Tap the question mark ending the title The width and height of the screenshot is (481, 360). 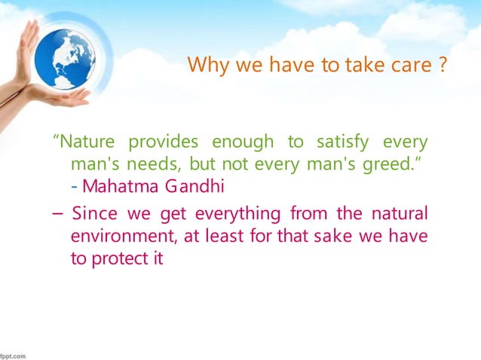[447, 65]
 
